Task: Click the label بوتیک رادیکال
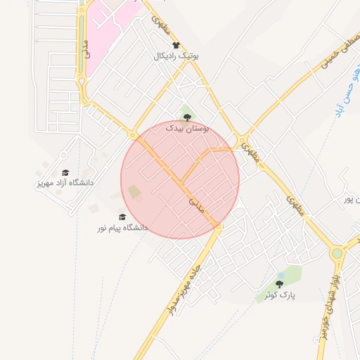pyautogui.click(x=176, y=56)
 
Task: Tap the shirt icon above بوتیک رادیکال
pyautogui.click(x=176, y=45)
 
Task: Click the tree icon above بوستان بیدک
pyautogui.click(x=186, y=117)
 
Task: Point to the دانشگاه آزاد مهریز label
pyautogui.click(x=65, y=183)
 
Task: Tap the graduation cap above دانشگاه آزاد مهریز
pyautogui.click(x=65, y=172)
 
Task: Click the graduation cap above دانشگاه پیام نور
pyautogui.click(x=122, y=217)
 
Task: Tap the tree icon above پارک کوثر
pyautogui.click(x=279, y=285)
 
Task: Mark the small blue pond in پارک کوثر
pyautogui.click(x=281, y=274)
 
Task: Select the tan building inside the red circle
pyautogui.click(x=134, y=192)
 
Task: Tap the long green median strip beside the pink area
pyautogui.click(x=82, y=42)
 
